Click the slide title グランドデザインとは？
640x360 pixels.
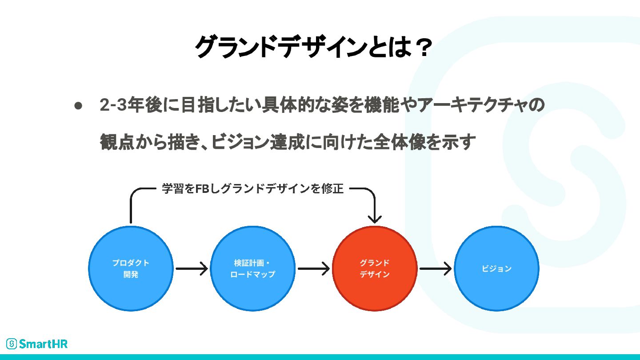[x=313, y=47]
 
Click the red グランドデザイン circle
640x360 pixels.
[x=375, y=268]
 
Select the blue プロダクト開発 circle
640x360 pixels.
[x=131, y=268]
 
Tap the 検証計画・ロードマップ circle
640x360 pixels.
[x=252, y=268]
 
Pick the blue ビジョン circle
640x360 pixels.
[x=496, y=268]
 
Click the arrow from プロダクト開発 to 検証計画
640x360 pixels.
[x=192, y=268]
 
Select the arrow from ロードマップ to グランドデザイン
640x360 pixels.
[x=313, y=268]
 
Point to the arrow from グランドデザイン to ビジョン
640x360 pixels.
[x=436, y=268]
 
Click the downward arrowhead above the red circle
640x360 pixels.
[x=375, y=218]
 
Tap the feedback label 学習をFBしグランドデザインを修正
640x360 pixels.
[x=252, y=189]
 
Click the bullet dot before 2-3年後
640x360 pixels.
[x=78, y=106]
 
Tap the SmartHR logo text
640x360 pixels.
[x=44, y=344]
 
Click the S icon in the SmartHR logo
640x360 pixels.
[x=12, y=344]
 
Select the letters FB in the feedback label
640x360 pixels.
[x=202, y=189]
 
